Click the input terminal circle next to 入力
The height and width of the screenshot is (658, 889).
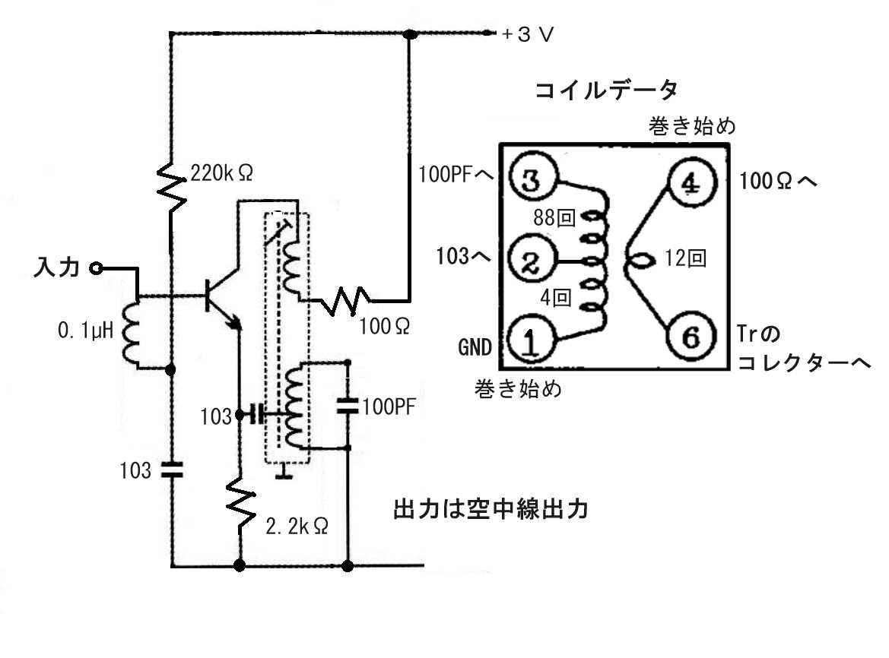[95, 267]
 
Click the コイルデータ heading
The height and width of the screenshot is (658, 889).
[606, 91]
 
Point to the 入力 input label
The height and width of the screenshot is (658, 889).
[59, 267]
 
